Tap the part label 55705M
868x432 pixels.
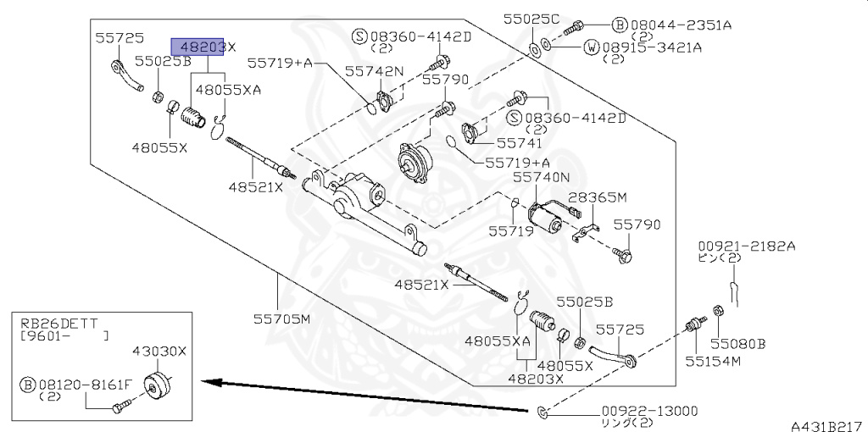[x=281, y=319]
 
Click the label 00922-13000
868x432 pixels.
[x=649, y=411]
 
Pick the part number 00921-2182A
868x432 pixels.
[x=746, y=246]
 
